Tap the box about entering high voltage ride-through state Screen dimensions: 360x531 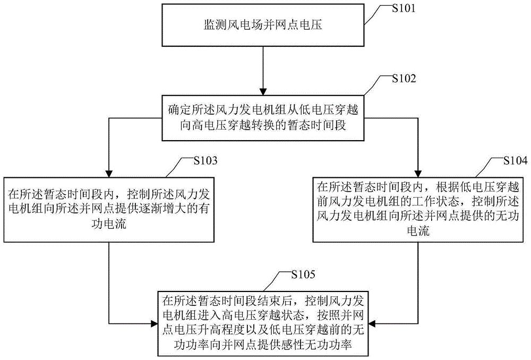tap(265, 322)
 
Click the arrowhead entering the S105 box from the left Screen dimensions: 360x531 tap(154, 322)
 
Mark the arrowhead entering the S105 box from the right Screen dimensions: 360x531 tap(376, 322)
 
